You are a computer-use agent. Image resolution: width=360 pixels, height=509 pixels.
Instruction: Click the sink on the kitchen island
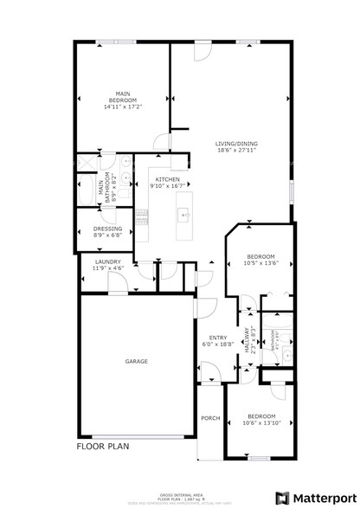(183, 213)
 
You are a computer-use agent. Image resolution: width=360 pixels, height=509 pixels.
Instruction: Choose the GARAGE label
(136, 361)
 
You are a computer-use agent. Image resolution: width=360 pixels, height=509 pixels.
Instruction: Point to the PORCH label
(210, 418)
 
